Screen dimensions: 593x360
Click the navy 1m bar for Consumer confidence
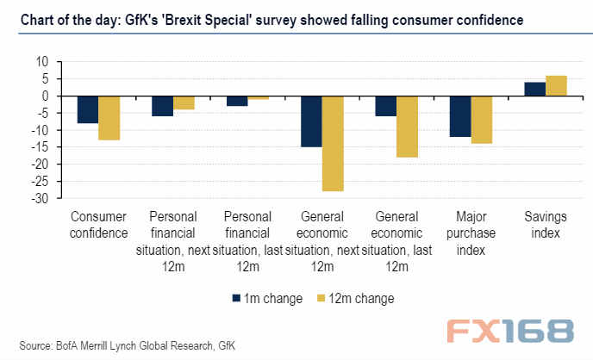coord(88,109)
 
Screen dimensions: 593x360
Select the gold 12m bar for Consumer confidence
coord(109,118)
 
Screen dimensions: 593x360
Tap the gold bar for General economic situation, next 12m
coord(333,144)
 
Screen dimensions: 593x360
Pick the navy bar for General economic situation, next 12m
coord(312,121)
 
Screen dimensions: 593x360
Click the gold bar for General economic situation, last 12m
coord(408,127)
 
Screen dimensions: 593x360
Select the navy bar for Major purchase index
coord(460,116)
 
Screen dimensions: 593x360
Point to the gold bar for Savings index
coord(556,86)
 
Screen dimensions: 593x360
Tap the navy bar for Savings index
coord(535,90)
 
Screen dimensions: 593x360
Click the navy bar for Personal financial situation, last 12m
coord(237,102)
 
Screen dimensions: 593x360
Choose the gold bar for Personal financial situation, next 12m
coord(184,102)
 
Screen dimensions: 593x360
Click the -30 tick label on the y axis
coord(40,198)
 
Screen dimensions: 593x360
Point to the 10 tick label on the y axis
coord(42,61)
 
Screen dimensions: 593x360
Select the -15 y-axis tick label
coord(40,147)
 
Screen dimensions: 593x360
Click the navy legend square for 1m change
coord(236,298)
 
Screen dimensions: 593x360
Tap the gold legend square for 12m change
coord(321,298)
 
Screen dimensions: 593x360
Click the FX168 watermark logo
coord(510,331)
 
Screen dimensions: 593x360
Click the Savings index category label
coord(546,225)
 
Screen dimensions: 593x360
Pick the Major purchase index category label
coord(471,233)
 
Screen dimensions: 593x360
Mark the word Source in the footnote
coord(35,345)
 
